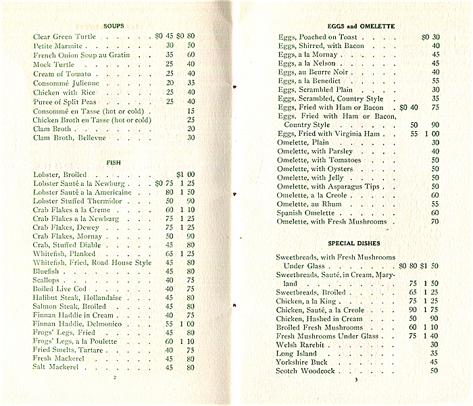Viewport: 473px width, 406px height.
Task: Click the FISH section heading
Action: (113, 163)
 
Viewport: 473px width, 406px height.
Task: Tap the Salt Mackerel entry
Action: (57, 367)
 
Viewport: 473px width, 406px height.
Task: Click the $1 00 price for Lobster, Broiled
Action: (185, 174)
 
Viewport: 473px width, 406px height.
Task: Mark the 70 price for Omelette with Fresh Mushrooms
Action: (435, 222)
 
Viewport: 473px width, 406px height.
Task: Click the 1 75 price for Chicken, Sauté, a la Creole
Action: (430, 310)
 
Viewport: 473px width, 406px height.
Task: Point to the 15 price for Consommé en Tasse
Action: (191, 111)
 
